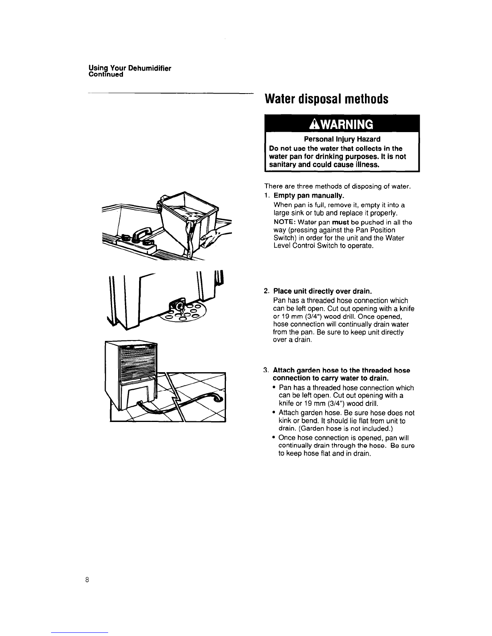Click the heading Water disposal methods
[x=326, y=99]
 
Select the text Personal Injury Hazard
[x=342, y=139]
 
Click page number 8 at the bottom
[x=87, y=579]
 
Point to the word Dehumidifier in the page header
[x=150, y=69]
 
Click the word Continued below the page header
[x=106, y=75]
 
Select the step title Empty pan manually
[x=309, y=195]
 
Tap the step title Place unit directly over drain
[x=322, y=291]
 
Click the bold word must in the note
[x=340, y=222]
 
